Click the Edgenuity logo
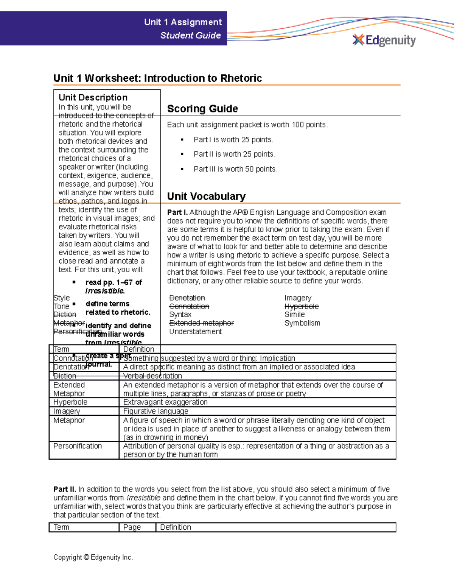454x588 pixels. pos(384,40)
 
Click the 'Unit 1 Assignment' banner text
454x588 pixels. pos(183,22)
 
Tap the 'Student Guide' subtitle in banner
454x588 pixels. pos(190,36)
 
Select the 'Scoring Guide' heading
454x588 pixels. pos(202,109)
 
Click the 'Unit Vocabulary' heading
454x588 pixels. pos(206,196)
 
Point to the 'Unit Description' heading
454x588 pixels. pos(93,97)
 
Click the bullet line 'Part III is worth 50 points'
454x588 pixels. pos(235,169)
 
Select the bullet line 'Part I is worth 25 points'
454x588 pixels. pos(233,140)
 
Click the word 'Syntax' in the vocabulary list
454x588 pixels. pos(180,315)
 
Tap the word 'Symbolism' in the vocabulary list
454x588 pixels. pos(302,323)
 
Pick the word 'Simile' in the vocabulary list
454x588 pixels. pos(294,315)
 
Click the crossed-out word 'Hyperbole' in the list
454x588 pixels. pos(302,306)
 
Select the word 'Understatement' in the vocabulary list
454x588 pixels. pos(195,332)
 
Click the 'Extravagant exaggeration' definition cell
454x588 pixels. pos(165,402)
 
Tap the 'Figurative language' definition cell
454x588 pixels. pos(155,411)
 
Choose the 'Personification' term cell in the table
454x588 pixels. pos(78,446)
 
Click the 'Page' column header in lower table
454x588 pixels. pos(132,527)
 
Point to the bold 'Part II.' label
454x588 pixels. pos(65,489)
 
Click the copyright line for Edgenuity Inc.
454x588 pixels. pos(93,557)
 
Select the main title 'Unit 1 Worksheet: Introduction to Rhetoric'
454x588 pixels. pos(157,78)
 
